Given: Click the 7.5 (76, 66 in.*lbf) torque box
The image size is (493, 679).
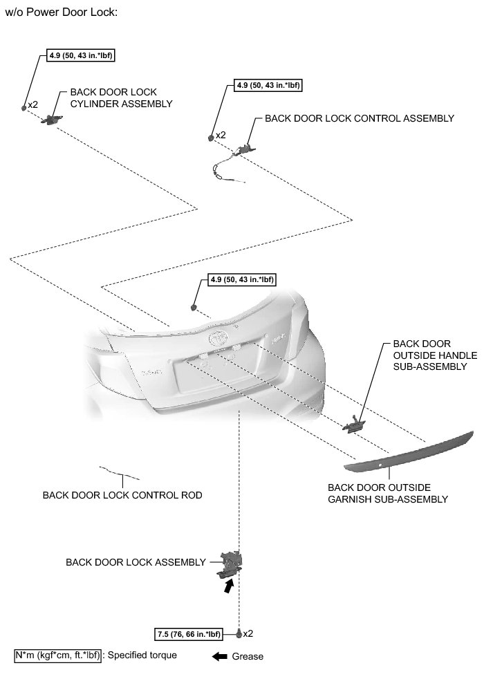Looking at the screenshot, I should (x=189, y=633).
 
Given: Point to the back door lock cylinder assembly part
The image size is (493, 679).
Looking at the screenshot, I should (x=50, y=120).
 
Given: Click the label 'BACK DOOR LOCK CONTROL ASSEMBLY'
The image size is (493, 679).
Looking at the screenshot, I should (x=360, y=118).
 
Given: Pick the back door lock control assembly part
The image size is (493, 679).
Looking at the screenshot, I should (x=243, y=149).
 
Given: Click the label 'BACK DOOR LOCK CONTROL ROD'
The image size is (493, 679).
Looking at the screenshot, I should (x=122, y=495).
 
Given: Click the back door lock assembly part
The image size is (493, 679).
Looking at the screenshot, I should (x=230, y=563).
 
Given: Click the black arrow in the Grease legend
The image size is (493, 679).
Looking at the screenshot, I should (x=219, y=656).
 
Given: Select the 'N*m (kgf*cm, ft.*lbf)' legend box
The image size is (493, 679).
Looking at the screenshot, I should (x=57, y=655).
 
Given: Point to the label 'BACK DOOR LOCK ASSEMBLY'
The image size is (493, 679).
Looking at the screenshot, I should (x=136, y=562).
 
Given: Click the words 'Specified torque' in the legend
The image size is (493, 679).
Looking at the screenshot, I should (x=142, y=655).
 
